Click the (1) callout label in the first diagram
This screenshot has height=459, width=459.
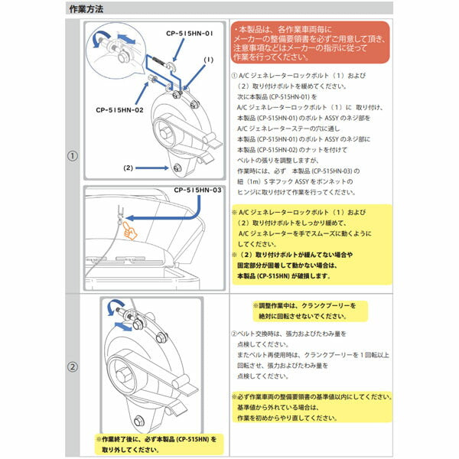[207, 59]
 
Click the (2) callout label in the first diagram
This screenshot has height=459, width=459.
[129, 166]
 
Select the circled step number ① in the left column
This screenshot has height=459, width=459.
[73, 156]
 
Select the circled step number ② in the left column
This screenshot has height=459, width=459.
[73, 366]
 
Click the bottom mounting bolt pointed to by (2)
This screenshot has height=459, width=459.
[176, 168]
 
